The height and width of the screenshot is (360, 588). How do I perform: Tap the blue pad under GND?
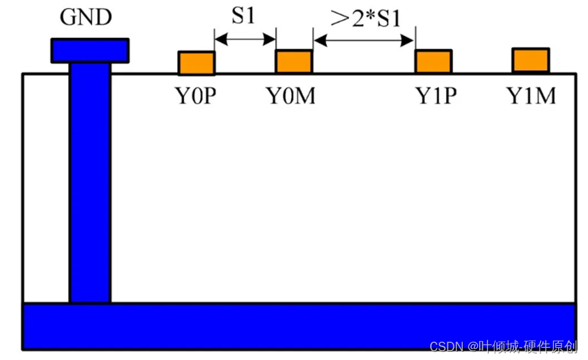point(90,49)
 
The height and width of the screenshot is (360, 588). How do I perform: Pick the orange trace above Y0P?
point(196,62)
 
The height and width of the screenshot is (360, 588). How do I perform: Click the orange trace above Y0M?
point(294,61)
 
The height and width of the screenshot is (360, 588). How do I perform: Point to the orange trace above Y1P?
point(434,61)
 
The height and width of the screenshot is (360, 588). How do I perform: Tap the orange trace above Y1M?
point(531,60)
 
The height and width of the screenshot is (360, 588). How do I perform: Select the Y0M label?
point(291,96)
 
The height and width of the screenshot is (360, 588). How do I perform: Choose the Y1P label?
point(436,96)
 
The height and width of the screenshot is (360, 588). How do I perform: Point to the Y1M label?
point(532,96)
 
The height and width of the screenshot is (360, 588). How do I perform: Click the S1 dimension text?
point(243,16)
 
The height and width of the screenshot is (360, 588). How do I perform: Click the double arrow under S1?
point(245,40)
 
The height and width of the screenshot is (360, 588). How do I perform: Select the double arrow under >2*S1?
point(364,40)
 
